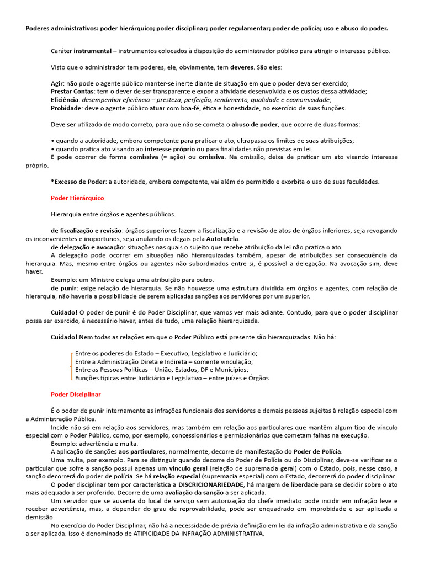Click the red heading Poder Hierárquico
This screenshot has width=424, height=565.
coord(77,198)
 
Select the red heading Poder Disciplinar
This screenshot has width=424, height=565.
coord(76,395)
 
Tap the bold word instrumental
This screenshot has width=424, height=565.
coord(92,51)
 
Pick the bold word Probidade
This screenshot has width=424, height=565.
coord(66,108)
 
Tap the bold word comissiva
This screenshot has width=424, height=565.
coord(148,157)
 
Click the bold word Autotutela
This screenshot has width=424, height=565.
coord(222,239)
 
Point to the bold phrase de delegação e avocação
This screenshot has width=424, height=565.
coord(86,247)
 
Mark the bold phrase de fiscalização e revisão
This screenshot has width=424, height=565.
coord(86,231)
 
